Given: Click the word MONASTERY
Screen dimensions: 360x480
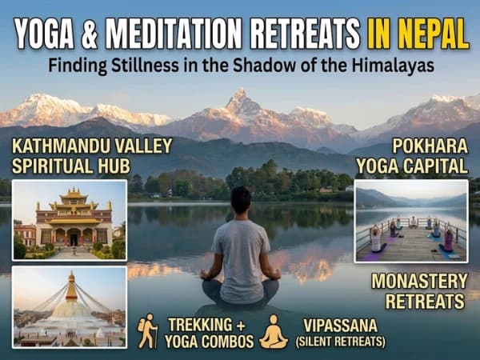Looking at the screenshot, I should coord(420,282).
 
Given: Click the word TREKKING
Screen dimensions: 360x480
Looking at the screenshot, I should coord(203,326).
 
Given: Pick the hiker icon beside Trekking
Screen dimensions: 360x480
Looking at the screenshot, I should coord(147,330).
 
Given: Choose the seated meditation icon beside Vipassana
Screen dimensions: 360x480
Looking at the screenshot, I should coord(274,331).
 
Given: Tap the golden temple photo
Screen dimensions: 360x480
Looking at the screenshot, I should coord(70,220).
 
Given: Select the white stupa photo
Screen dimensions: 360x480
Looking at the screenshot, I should coord(70,306).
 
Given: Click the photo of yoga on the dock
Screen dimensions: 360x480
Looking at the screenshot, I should coord(410,221).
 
